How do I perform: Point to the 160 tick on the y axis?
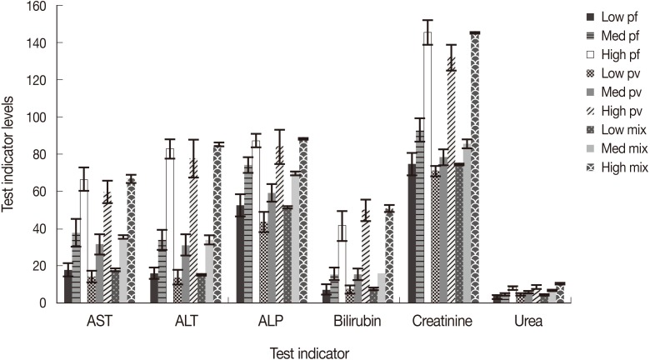tap(38, 7)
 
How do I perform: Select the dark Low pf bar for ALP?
tap(241, 254)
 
